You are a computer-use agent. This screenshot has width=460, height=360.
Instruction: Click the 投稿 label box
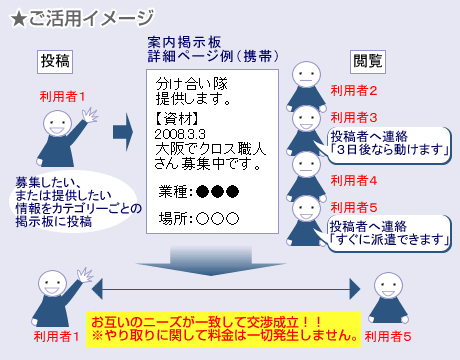pos(56,60)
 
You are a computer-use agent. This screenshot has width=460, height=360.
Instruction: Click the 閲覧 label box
pos(367,60)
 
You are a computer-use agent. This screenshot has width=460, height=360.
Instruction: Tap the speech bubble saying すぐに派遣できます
pos(386,232)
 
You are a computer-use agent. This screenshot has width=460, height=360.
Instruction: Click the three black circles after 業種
pos(217,191)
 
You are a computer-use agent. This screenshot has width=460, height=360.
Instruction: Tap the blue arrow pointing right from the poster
pos(123,129)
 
